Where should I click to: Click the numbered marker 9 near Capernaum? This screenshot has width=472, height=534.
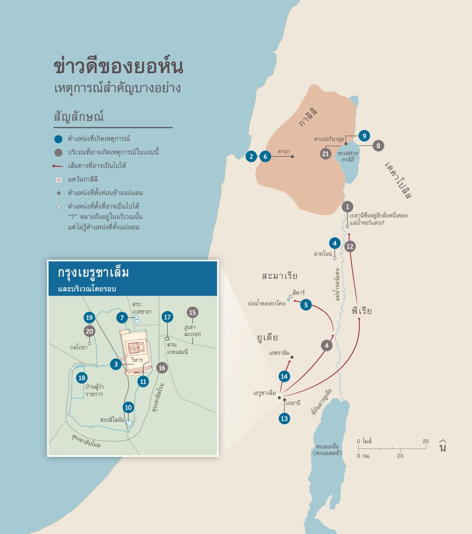tap(364, 136)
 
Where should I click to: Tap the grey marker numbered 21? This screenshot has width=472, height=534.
tap(325, 154)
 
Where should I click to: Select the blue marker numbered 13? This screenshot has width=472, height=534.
tap(284, 419)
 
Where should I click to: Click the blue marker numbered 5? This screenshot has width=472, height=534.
tap(306, 304)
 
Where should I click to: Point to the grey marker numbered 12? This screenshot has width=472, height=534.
tap(350, 247)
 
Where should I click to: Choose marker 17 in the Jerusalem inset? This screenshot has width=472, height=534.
tap(167, 317)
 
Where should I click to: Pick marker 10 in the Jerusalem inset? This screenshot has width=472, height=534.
tap(128, 407)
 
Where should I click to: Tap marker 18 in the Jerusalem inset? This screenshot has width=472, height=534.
tap(82, 378)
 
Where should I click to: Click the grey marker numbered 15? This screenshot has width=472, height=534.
tap(192, 313)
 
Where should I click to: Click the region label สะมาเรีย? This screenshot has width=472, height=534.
tap(280, 276)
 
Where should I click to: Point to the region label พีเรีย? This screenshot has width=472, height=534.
tap(362, 311)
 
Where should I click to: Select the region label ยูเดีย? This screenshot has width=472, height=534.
tap(267, 337)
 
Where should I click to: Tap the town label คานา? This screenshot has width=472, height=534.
tap(284, 151)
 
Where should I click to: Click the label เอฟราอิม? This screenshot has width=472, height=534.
tap(279, 353)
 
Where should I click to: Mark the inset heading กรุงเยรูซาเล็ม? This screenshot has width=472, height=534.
tap(94, 273)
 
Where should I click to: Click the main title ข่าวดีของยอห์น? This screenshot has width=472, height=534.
tap(118, 67)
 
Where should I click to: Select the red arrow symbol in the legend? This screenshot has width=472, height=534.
tap(58, 166)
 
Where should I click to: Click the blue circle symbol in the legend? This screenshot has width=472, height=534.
tap(58, 139)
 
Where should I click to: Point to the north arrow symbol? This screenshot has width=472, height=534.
tap(443, 445)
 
